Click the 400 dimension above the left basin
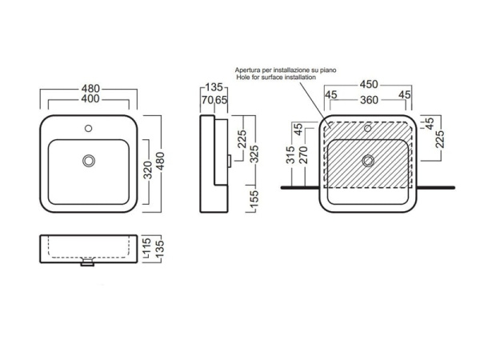coord(90,98)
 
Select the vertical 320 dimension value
coord(148,170)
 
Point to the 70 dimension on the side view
coord(207,100)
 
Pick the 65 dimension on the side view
coord(221,100)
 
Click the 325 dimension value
coord(254,154)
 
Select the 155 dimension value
coord(254,198)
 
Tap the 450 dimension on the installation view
coord(369,84)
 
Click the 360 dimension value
coord(369,100)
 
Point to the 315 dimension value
coord(290,154)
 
